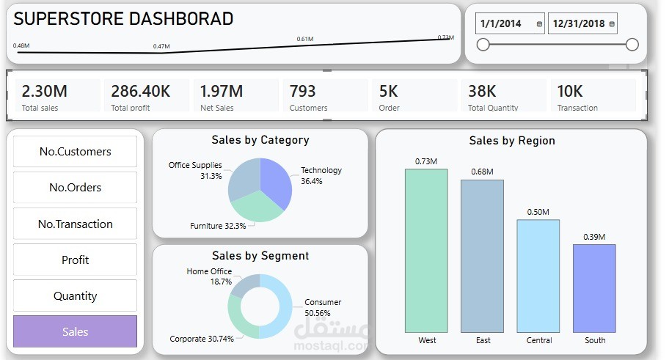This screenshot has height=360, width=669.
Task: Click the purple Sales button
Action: click(75, 331)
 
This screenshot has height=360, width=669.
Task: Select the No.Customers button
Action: click(75, 152)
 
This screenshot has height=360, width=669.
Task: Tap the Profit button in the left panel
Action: click(75, 260)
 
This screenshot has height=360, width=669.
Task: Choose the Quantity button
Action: click(75, 296)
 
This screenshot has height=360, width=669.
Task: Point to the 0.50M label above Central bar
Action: click(538, 212)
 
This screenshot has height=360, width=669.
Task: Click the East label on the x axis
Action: click(483, 340)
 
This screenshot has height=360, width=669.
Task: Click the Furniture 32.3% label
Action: click(218, 226)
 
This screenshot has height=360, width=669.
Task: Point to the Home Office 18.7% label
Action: click(209, 276)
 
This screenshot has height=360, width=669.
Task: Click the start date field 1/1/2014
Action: click(501, 23)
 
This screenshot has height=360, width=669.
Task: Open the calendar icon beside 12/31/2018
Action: click(612, 24)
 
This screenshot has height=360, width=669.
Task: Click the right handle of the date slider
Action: click(632, 45)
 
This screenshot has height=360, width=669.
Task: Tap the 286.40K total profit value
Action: click(140, 92)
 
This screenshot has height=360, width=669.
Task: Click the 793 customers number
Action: click(302, 92)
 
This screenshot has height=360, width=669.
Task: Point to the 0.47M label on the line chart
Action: click(161, 47)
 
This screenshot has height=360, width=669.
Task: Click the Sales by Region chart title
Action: click(511, 141)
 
